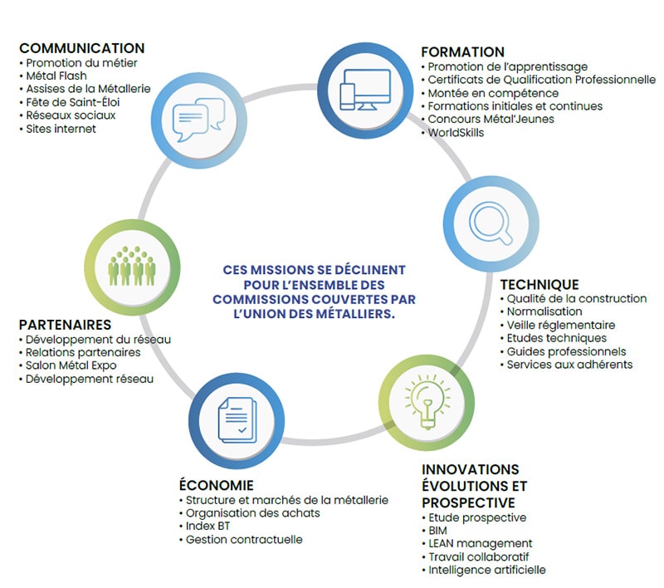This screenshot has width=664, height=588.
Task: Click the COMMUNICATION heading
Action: coord(81,48)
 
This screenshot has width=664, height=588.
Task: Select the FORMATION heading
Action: coord(462,51)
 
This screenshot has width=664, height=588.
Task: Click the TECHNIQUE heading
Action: coord(539,284)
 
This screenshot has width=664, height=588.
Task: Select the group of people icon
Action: coord(134,266)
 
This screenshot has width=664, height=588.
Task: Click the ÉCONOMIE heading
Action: coord(216,485)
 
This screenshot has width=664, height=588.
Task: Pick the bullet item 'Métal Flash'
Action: coord(60,76)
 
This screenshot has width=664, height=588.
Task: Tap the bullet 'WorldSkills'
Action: coord(456,132)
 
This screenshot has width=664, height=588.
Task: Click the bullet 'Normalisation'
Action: coord(544,311)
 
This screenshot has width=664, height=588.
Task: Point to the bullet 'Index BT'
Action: coord(210,526)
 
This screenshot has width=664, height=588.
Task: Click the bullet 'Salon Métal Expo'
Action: coord(71,365)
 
